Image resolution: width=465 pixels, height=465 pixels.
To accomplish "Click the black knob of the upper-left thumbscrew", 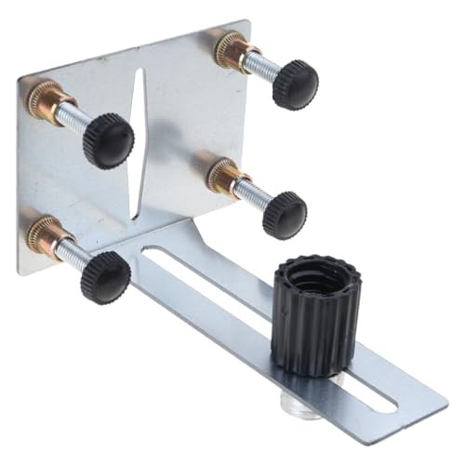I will coord(108,141).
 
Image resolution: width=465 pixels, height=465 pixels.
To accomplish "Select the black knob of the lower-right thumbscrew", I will coord(284,214).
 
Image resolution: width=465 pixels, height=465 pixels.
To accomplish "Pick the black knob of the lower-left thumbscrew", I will coord(104,276).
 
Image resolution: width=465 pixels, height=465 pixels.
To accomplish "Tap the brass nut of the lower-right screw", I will coord(222,174).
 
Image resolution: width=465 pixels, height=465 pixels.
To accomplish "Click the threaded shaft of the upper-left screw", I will coord(74,116).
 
